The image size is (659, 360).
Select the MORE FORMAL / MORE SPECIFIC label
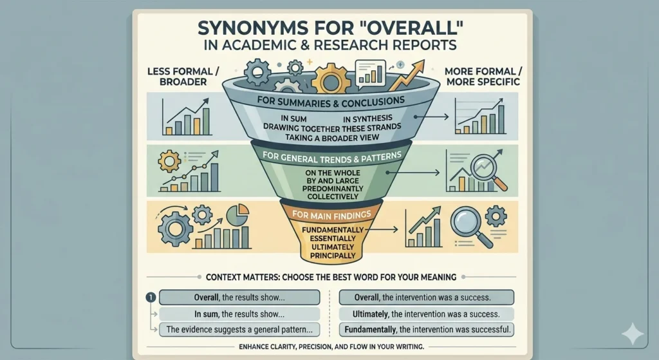481,76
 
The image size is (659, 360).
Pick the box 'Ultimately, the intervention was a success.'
425,314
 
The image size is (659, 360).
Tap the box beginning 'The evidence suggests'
239,329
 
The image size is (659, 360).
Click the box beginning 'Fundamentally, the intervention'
425,329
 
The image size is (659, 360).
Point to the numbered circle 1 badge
149,298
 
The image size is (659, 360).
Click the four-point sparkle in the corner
632,334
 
